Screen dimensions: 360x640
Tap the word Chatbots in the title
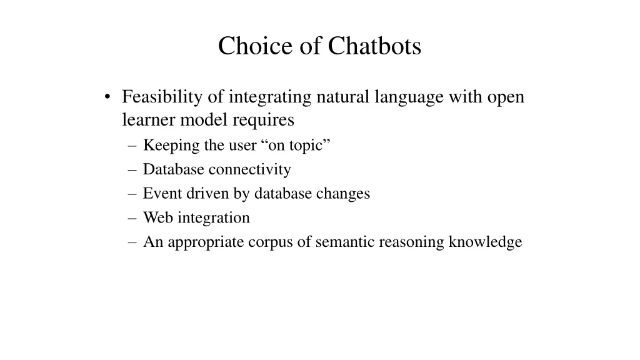[375, 46]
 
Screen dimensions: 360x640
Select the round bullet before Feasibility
[108, 97]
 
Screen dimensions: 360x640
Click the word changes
[342, 194]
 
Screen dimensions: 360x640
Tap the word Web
[158, 217]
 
